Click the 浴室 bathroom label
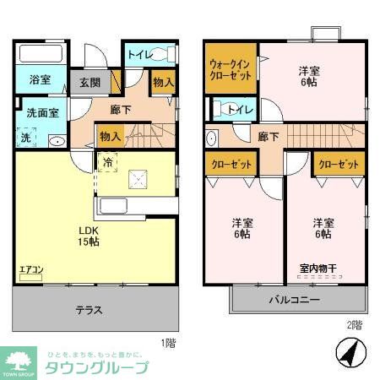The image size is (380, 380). tap(40, 81)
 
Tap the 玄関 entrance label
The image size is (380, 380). tap(90, 83)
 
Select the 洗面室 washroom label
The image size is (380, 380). tap(41, 112)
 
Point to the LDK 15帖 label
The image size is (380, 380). tap(90, 235)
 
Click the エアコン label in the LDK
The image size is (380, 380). tap(32, 271)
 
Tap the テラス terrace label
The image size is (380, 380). tap(87, 310)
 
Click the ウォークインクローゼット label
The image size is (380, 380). tap(230, 68)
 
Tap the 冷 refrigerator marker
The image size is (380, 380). tap(108, 161)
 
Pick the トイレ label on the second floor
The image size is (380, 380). tap(236, 108)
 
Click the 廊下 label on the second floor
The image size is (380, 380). tap(269, 137)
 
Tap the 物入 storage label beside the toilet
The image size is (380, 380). tap(163, 83)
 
